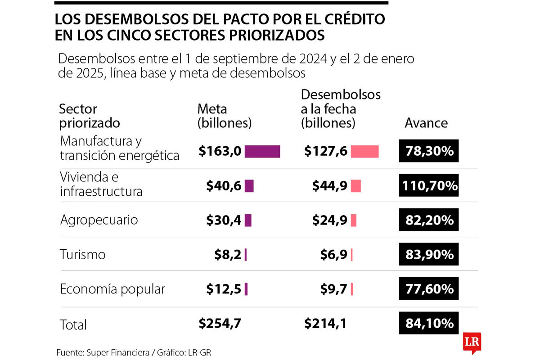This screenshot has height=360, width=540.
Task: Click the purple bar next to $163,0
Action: tap(262, 152)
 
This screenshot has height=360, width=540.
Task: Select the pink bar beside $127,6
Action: tap(364, 152)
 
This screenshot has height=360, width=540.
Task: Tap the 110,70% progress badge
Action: tap(428, 185)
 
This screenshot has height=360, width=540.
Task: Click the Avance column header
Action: tap(426, 123)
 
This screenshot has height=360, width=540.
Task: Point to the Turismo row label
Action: tap(83, 255)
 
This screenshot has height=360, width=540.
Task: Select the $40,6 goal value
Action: tap(224, 186)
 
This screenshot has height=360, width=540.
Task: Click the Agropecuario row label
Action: tap(99, 220)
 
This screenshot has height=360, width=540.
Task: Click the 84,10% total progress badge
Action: tap(428, 323)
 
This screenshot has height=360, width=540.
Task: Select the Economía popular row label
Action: tap(112, 289)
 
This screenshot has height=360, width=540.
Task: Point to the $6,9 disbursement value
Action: tap(333, 255)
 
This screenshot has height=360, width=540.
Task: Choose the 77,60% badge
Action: tap(428, 289)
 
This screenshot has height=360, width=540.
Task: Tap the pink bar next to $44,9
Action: tap(356, 186)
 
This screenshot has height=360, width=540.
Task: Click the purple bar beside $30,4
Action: tap(248, 220)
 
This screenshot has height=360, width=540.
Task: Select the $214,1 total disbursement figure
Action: tap(325, 323)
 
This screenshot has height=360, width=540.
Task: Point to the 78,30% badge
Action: tap(428, 151)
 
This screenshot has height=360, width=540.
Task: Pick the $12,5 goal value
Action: tap(224, 289)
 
